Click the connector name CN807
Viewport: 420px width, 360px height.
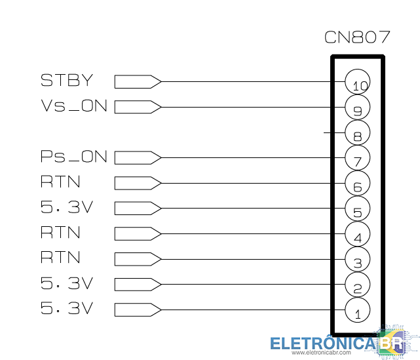click(x=357, y=37)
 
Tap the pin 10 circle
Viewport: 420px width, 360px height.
click(x=358, y=82)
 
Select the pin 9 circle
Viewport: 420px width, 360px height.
click(x=358, y=107)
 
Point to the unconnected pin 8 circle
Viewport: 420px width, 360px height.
click(x=358, y=132)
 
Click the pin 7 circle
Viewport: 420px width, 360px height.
click(x=358, y=157)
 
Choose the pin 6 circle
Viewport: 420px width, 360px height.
click(x=358, y=183)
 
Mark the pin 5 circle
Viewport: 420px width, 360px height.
click(x=358, y=208)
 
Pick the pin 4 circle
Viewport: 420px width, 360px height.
click(x=358, y=233)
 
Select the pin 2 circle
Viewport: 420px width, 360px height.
click(x=358, y=284)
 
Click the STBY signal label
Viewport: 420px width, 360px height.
click(x=67, y=81)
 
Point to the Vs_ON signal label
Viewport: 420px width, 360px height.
click(x=73, y=106)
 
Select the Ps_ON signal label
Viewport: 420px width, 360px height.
click(x=73, y=157)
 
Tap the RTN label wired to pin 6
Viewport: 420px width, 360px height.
click(x=60, y=182)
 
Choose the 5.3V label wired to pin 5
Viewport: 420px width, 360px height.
click(x=67, y=208)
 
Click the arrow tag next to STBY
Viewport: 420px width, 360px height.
click(x=138, y=81)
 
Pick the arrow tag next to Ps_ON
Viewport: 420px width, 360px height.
click(x=138, y=157)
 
